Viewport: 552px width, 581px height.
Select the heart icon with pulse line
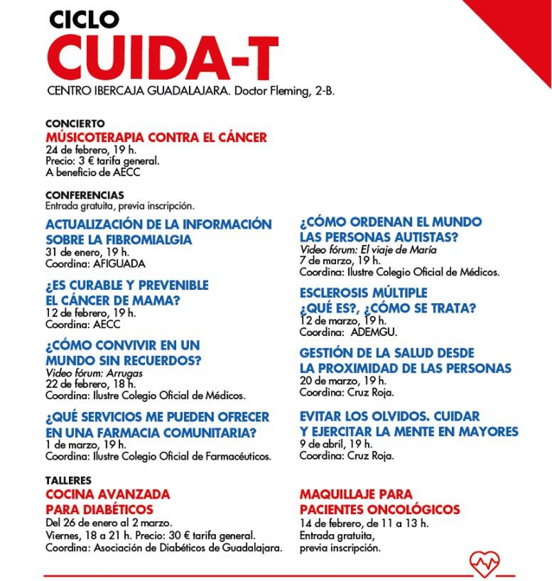[x=484, y=564]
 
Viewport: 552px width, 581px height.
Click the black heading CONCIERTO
[x=75, y=124]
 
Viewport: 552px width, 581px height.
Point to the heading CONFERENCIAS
[x=85, y=195]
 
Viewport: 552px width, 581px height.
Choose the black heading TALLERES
[x=68, y=480]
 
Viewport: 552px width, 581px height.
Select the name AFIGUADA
[x=120, y=264]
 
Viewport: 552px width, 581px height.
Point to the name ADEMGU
[x=373, y=332]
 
